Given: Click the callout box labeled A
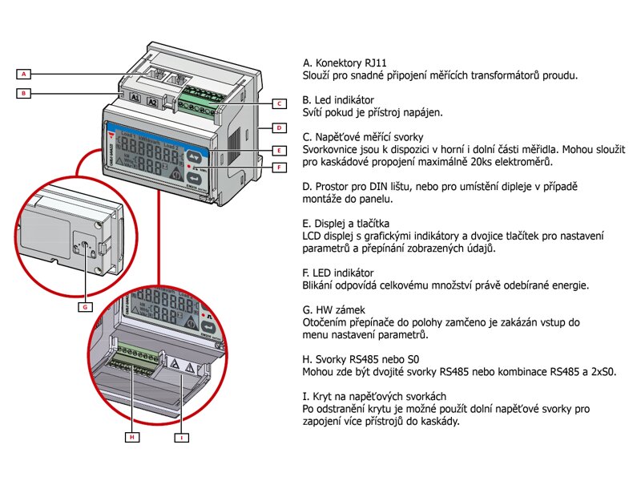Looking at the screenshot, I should click(x=25, y=74).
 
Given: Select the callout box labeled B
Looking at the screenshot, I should click(x=25, y=93).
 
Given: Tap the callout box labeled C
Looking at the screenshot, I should click(x=277, y=103).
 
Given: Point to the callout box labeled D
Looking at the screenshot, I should click(x=277, y=127).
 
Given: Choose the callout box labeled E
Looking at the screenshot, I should click(x=277, y=150).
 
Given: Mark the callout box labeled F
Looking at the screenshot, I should click(x=277, y=168).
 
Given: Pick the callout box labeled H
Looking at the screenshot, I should click(x=133, y=438).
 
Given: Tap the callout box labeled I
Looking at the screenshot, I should click(x=183, y=438).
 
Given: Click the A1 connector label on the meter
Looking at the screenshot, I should click(x=135, y=99).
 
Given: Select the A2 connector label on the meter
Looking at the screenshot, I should click(x=153, y=103).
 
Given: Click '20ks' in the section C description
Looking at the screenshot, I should click(x=486, y=162).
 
